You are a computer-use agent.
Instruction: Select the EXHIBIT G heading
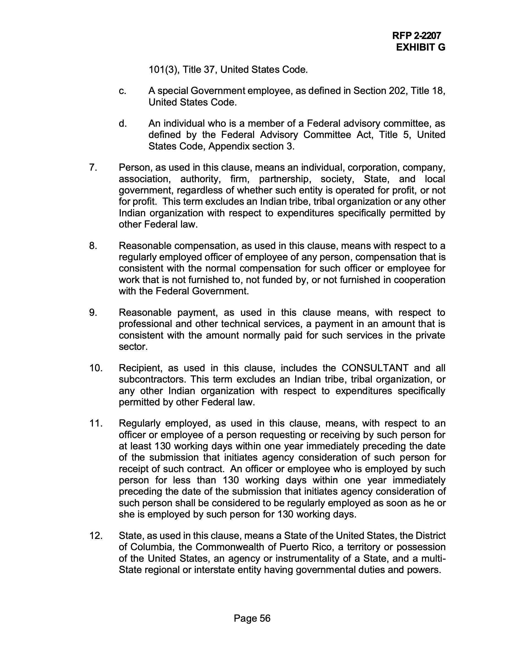coord(420,47)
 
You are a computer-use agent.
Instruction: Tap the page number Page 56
coord(252,618)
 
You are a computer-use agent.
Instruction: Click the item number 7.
coord(93,167)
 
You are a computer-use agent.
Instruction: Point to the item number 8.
coord(93,246)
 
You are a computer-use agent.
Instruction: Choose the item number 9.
coord(93,312)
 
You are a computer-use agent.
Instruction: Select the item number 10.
coord(96,368)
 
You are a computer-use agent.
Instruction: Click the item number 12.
coord(96,535)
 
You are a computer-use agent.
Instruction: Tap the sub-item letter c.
coord(122,91)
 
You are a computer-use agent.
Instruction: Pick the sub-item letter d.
coord(122,123)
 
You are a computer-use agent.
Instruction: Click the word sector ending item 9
coord(133,347)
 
